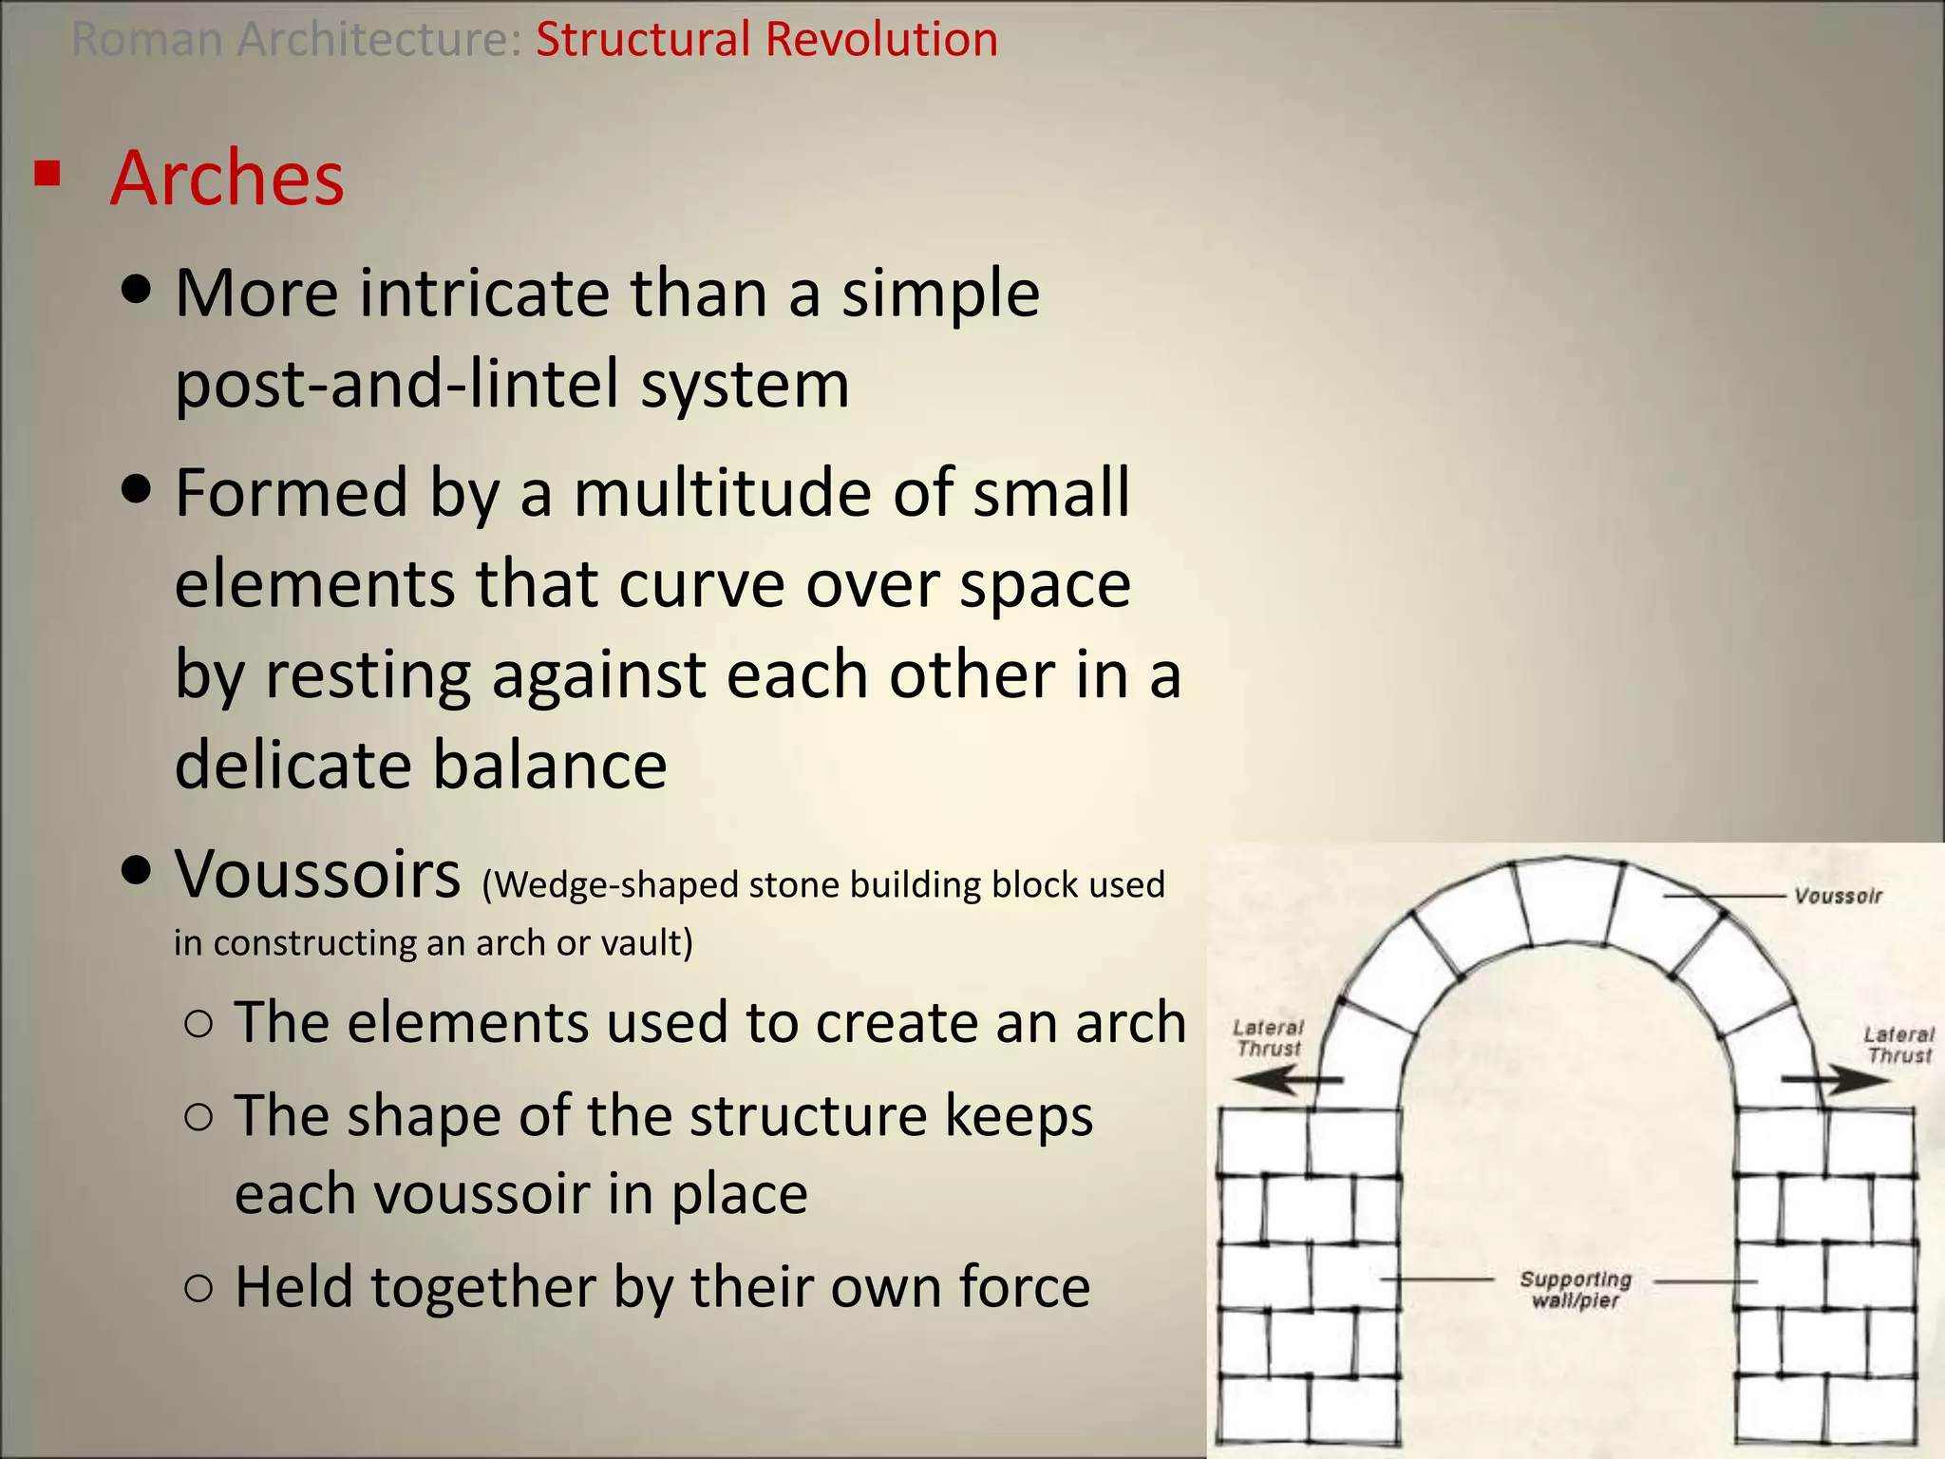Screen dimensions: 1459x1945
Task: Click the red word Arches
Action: (227, 179)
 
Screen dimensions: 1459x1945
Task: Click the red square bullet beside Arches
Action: (47, 174)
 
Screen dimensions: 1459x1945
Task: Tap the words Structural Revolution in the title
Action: (766, 40)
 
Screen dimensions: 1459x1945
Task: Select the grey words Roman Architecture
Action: (295, 40)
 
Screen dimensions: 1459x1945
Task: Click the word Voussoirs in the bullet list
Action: (317, 875)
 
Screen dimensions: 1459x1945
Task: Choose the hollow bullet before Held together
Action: (199, 1288)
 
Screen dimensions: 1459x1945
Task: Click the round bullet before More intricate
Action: (138, 291)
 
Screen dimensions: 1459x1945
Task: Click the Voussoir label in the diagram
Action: (1837, 896)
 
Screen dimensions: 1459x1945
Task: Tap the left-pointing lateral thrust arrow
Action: (1287, 1080)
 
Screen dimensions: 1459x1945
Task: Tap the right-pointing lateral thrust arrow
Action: (1835, 1080)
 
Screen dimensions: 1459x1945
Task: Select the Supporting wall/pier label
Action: (1575, 1290)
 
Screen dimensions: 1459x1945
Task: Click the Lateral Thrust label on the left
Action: (1268, 1038)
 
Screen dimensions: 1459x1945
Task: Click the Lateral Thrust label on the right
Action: (1898, 1045)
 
